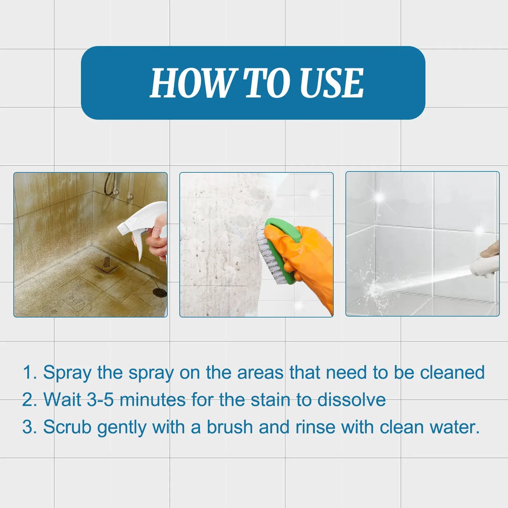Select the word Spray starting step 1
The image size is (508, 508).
pos(67,373)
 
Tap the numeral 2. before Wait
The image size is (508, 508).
pos(30,400)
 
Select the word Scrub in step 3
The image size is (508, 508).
pos(67,427)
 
